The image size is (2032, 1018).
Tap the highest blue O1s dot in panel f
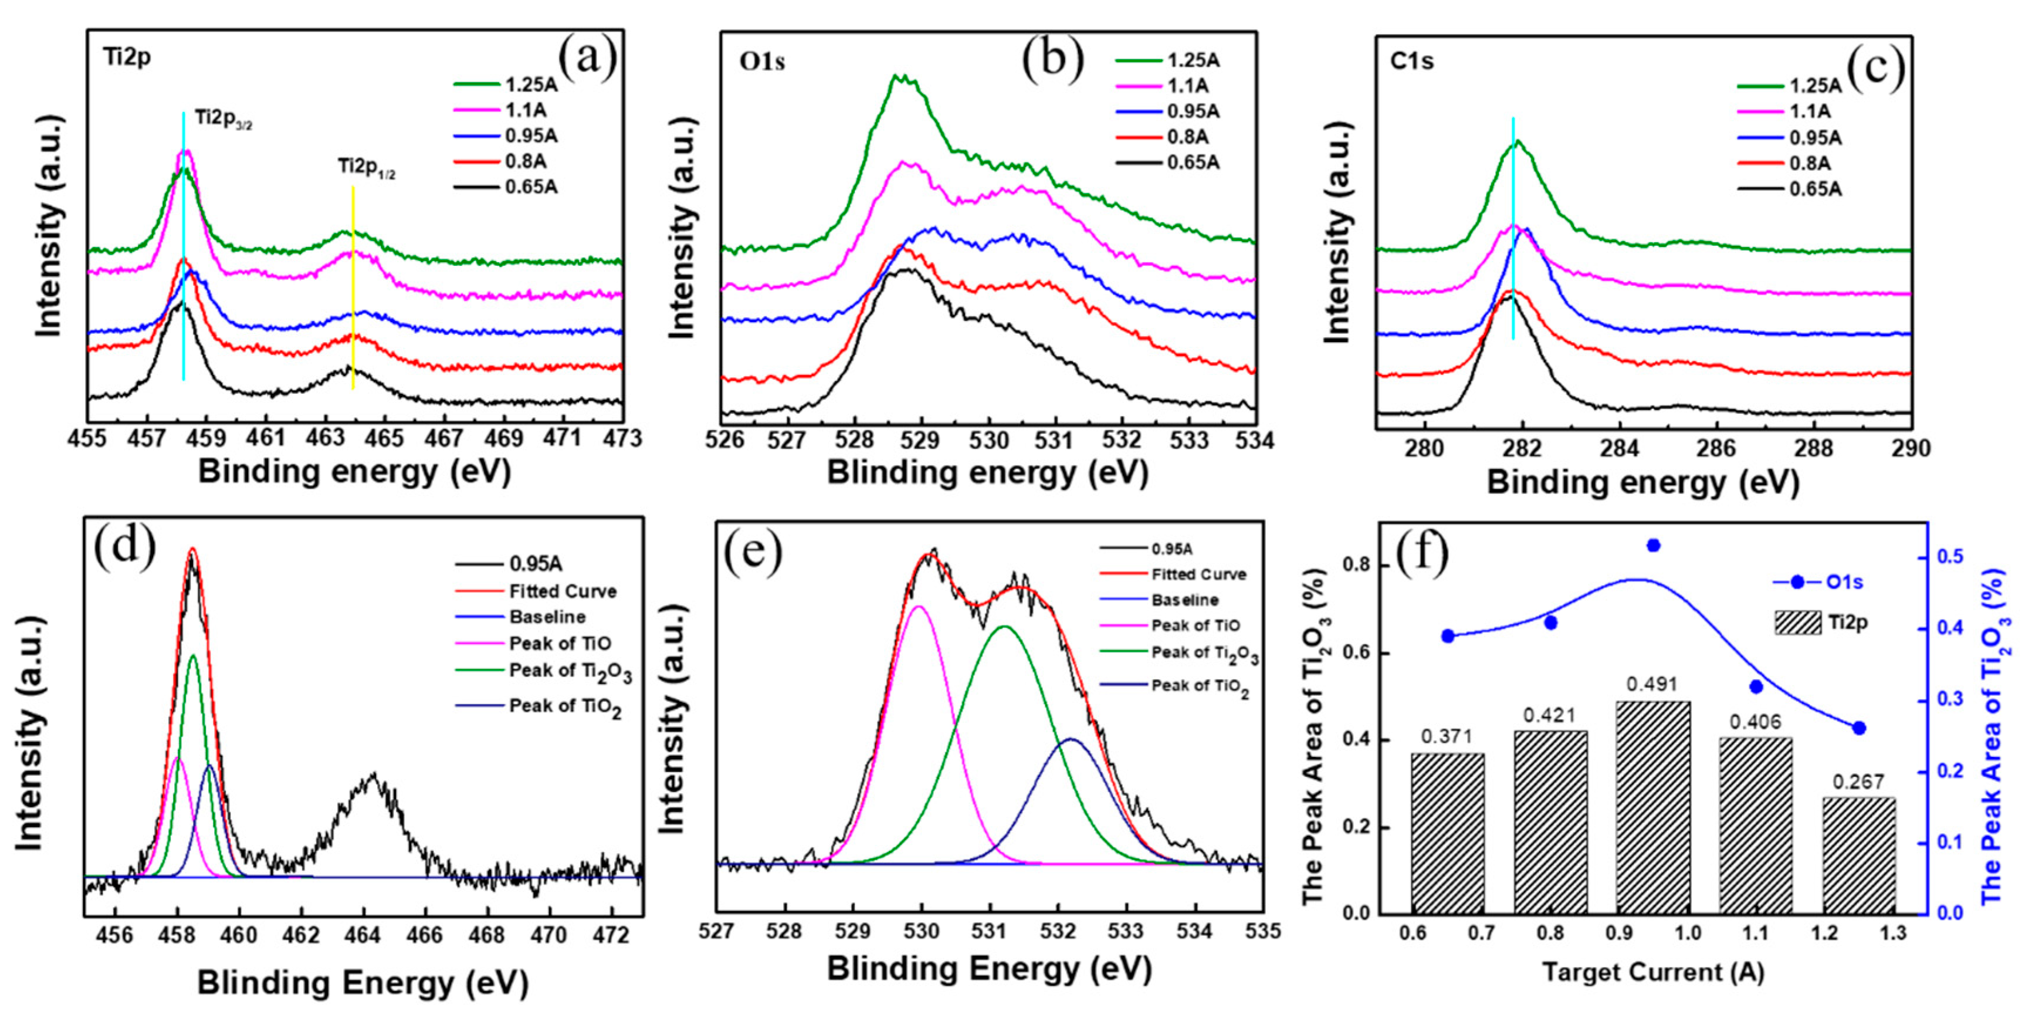tap(1654, 545)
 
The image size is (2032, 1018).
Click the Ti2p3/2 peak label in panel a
tap(224, 120)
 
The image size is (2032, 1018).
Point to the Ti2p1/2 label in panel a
tap(367, 167)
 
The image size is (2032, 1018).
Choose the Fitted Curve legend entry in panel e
tap(1173, 574)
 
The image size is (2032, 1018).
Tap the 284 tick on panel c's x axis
tap(1620, 448)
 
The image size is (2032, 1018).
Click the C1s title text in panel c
tap(1411, 62)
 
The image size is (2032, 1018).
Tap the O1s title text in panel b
tap(762, 62)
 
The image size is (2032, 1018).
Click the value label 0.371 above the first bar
tap(1447, 737)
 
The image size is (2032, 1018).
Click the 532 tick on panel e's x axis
tap(1058, 931)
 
